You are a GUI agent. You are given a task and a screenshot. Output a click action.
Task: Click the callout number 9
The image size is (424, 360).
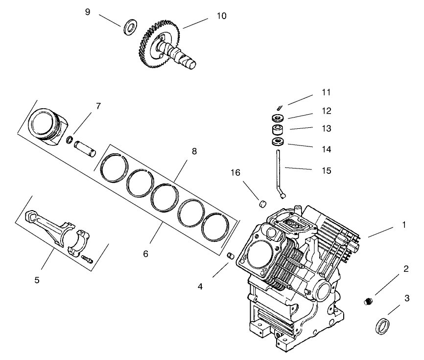[x=88, y=11]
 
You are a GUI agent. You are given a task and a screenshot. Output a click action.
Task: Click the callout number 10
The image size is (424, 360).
[x=221, y=16]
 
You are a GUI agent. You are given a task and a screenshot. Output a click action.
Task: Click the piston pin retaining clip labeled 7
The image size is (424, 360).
[x=70, y=141]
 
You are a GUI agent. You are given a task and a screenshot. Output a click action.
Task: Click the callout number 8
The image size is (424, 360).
[x=194, y=151]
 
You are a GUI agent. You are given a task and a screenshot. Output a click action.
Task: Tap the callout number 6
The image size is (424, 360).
[x=145, y=254]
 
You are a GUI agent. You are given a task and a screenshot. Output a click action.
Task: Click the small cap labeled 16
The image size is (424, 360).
[x=262, y=203]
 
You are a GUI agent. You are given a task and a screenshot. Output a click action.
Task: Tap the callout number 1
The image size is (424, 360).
[x=403, y=225]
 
